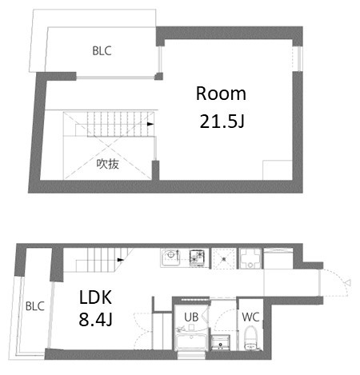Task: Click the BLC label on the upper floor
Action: click(x=101, y=51)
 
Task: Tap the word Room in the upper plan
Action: click(x=221, y=94)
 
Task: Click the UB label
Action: click(x=191, y=317)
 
